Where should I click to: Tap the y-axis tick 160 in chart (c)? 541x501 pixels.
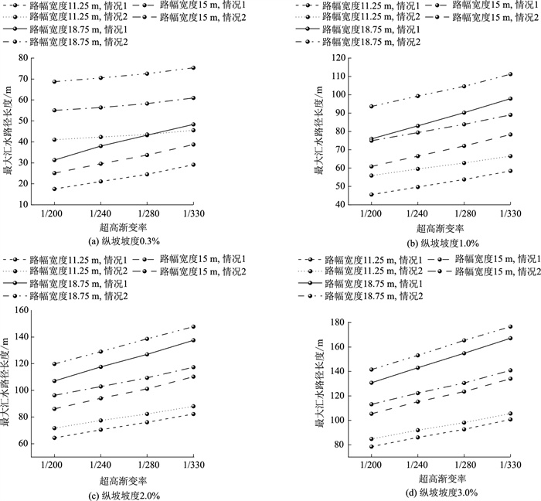(x=32, y=310)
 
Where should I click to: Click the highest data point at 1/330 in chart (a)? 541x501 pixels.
(x=193, y=68)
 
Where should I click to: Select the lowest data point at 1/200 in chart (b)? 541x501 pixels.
(x=372, y=195)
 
